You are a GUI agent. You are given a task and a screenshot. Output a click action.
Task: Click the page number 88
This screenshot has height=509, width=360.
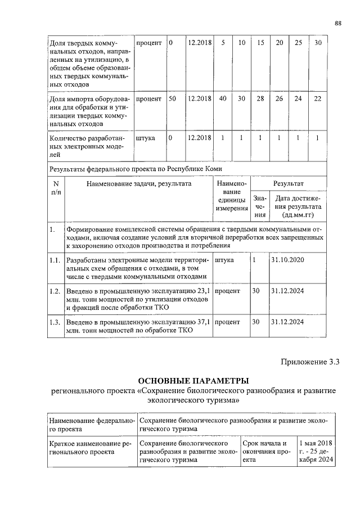(337, 23)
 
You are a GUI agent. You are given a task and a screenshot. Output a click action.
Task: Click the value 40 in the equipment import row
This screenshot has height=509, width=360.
(223, 98)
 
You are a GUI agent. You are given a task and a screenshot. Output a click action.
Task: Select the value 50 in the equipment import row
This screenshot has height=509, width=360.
(173, 98)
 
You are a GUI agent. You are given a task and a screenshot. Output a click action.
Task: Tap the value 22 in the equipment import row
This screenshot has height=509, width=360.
(318, 98)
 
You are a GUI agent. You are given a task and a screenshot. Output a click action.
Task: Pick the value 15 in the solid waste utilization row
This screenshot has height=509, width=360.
(260, 43)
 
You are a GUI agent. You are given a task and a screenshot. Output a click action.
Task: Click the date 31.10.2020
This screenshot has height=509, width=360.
(287, 261)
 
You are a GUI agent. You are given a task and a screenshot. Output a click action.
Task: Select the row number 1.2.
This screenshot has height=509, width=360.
(55, 291)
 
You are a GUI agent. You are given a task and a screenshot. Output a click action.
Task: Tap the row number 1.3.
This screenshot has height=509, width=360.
(55, 322)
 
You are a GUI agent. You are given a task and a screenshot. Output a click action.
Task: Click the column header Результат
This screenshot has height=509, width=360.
(288, 183)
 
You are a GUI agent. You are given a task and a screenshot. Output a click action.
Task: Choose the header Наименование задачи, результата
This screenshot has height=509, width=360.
(139, 183)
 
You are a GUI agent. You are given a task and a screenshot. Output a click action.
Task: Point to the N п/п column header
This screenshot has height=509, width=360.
(56, 188)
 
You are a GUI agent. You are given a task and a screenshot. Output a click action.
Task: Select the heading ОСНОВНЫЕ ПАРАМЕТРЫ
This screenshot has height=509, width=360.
(193, 381)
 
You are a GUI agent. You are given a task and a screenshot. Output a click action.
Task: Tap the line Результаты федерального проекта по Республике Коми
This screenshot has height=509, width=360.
(136, 168)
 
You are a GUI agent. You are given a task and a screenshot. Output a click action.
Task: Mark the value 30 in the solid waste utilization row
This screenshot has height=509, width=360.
(318, 43)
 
